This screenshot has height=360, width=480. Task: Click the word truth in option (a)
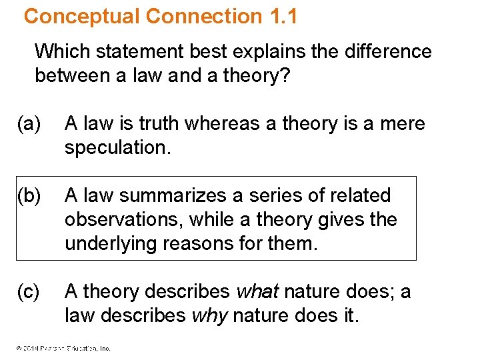(157, 124)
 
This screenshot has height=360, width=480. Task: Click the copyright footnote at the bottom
(60, 347)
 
